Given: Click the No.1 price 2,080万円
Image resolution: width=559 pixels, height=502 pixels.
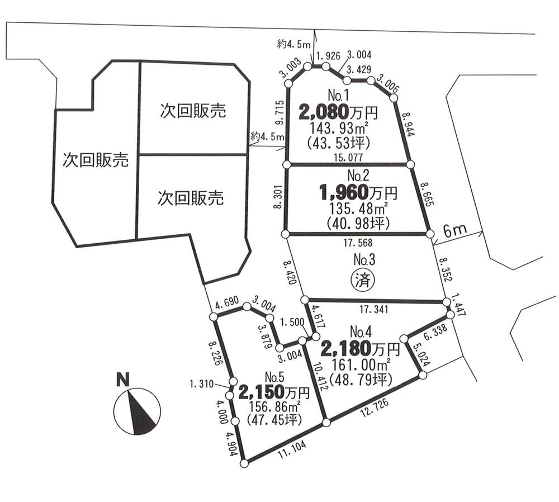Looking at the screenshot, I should pyautogui.click(x=338, y=112).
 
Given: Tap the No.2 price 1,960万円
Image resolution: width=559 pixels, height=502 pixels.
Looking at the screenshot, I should pyautogui.click(x=358, y=193).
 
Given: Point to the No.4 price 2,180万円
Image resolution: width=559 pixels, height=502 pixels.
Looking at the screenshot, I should pyautogui.click(x=360, y=350).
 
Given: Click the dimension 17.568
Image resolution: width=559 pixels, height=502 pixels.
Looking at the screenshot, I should pyautogui.click(x=359, y=243).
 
